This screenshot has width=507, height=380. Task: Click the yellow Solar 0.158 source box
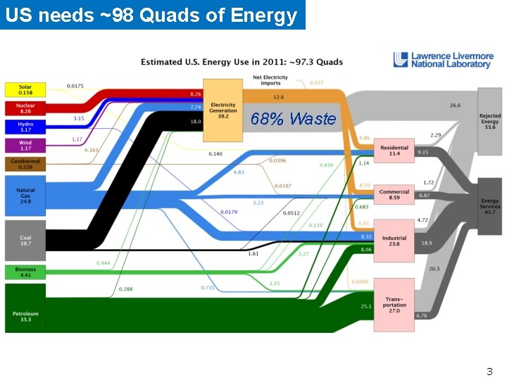(x=25, y=90)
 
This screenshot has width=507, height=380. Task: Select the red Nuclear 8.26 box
(x=25, y=108)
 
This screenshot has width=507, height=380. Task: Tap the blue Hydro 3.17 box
(x=25, y=127)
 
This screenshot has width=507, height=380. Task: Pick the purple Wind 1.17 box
(x=25, y=145)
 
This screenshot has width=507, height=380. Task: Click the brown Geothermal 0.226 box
(x=25, y=164)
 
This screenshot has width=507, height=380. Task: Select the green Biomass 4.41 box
(x=25, y=272)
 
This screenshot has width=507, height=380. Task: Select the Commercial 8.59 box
(x=394, y=194)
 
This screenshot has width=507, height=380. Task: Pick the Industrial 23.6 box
(x=394, y=241)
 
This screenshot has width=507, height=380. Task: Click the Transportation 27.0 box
(x=394, y=305)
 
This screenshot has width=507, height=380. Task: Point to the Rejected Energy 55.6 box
(x=490, y=121)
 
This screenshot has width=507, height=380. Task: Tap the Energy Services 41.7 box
(x=490, y=205)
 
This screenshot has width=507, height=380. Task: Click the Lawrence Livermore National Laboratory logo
(x=442, y=61)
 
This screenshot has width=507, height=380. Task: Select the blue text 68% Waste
(x=293, y=119)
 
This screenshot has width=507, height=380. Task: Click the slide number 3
(x=489, y=371)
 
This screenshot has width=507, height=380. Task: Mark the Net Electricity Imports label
(x=270, y=81)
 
